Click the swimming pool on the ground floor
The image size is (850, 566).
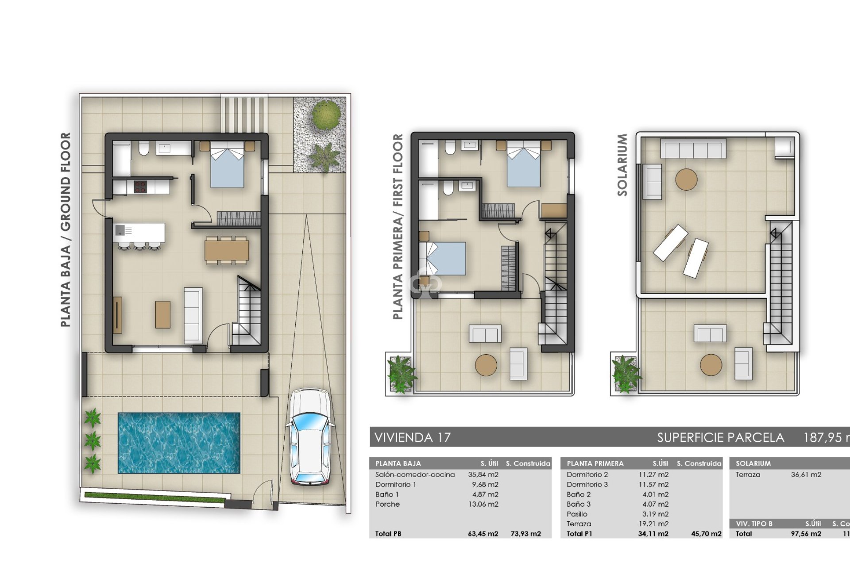point(179,443)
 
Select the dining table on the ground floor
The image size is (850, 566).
point(226,250)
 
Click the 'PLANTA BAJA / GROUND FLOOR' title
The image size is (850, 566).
point(66,230)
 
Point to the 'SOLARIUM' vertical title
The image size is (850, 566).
point(622,165)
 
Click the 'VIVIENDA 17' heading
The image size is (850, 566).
point(413,438)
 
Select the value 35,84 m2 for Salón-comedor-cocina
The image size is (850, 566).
point(483,474)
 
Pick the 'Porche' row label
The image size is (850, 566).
point(387,504)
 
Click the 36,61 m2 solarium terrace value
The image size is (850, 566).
point(806,474)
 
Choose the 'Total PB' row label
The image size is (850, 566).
point(388,534)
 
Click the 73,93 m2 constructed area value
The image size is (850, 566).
point(525,534)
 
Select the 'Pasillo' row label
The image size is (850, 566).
point(577,514)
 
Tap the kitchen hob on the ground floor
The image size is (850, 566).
point(140,187)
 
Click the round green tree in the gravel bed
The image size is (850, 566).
point(328,115)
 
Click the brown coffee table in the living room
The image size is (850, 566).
point(162,314)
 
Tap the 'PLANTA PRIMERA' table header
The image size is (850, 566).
point(595,463)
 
